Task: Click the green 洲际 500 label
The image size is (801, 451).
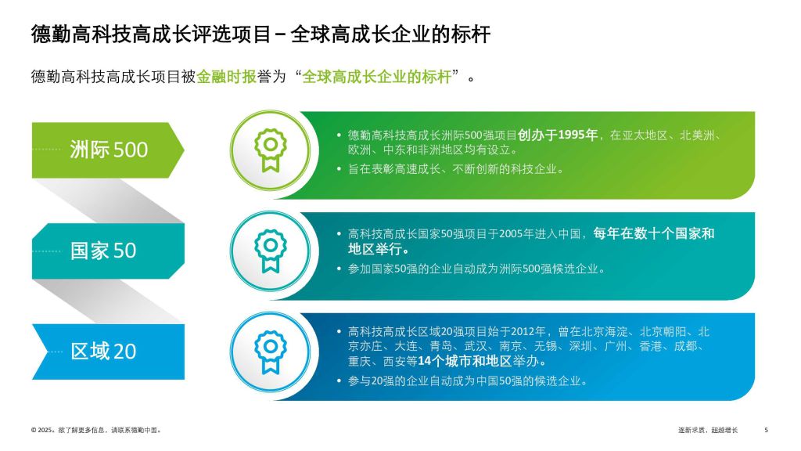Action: [x=109, y=150]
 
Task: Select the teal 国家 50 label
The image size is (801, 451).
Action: [x=103, y=251]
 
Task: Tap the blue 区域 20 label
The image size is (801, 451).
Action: [x=103, y=352]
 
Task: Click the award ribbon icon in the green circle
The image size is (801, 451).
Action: [x=270, y=150]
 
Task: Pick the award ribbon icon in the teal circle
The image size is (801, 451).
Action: [x=270, y=251]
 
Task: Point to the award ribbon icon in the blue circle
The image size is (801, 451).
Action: [x=270, y=352]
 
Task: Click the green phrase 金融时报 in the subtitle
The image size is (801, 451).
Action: [x=226, y=77]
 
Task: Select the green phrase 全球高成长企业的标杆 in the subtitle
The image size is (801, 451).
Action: [x=377, y=77]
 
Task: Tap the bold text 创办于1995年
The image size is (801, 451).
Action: [x=557, y=135]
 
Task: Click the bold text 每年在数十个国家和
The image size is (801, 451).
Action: [x=654, y=233]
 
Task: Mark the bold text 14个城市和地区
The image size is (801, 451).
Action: [x=465, y=361]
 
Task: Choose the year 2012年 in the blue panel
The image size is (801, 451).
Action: [x=528, y=332]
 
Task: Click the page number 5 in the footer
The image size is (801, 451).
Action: [x=767, y=430]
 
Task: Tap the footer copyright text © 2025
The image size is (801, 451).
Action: [x=42, y=430]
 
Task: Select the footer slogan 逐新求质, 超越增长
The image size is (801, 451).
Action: [x=708, y=430]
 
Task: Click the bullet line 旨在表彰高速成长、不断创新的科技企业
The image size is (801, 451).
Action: [x=455, y=169]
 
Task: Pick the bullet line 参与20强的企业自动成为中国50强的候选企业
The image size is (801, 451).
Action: [x=468, y=381]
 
